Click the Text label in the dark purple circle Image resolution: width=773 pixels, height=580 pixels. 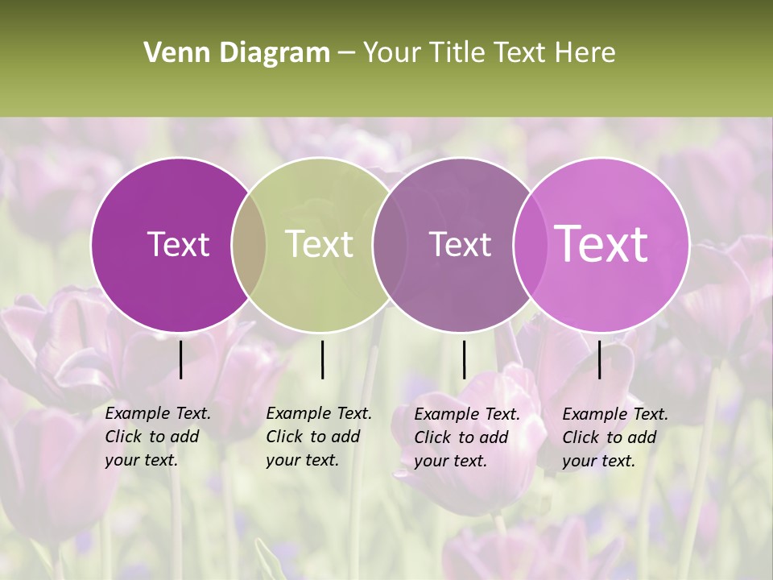click(178, 244)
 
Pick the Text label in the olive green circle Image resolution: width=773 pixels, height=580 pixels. click(320, 244)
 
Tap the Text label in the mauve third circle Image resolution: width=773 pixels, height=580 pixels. click(460, 244)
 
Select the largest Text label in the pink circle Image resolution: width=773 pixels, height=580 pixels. click(601, 243)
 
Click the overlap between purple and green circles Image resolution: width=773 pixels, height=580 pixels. click(249, 244)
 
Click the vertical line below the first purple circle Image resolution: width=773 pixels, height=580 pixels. click(180, 359)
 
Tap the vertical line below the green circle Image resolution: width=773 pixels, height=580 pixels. click(322, 359)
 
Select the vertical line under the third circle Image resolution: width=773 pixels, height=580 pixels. click(464, 359)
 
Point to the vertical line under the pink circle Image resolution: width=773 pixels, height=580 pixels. click(599, 359)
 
